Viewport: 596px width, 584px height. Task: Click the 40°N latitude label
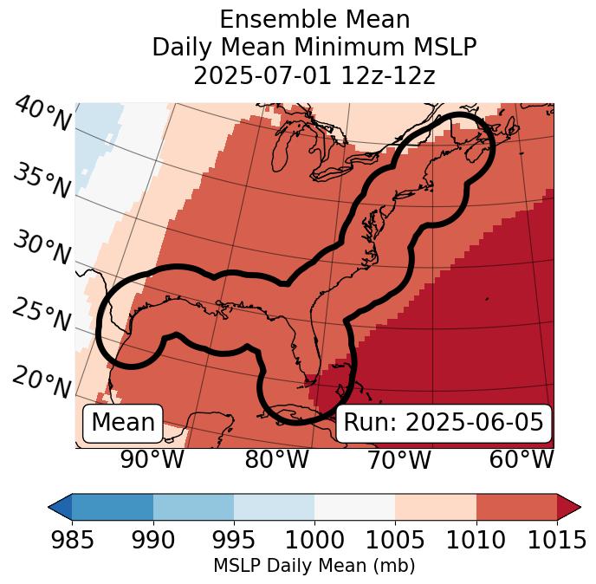pyautogui.click(x=42, y=114)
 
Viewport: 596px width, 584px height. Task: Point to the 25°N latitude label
pyautogui.click(x=42, y=315)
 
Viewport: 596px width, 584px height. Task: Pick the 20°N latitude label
pyautogui.click(x=42, y=381)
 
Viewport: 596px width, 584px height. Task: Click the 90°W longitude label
pyautogui.click(x=152, y=460)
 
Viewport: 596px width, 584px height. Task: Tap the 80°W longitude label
pyautogui.click(x=276, y=460)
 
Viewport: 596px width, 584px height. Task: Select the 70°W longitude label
pyautogui.click(x=398, y=460)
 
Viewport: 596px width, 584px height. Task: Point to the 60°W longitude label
pyautogui.click(x=521, y=460)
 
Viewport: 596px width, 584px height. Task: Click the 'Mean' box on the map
pyautogui.click(x=123, y=423)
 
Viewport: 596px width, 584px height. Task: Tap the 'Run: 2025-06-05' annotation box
pyautogui.click(x=444, y=423)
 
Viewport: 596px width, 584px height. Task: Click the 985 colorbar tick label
pyautogui.click(x=72, y=540)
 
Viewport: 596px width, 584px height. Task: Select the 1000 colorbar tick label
pyautogui.click(x=314, y=540)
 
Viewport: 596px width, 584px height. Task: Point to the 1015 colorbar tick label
pyautogui.click(x=557, y=540)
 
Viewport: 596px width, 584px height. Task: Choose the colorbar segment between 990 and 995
pyautogui.click(x=193, y=507)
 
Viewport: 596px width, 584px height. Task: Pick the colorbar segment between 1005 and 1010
pyautogui.click(x=436, y=507)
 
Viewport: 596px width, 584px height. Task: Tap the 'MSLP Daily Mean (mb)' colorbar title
pyautogui.click(x=314, y=566)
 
